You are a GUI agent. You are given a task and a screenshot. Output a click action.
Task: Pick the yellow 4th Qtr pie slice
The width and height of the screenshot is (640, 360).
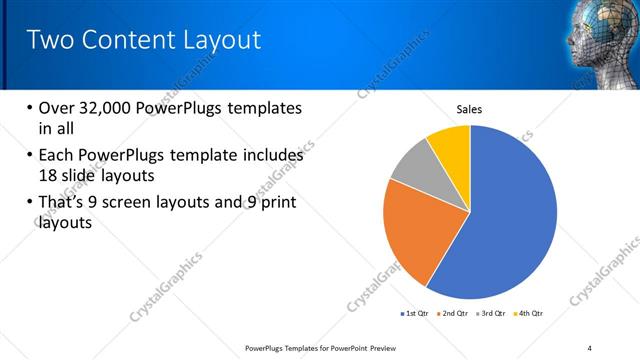(x=450, y=144)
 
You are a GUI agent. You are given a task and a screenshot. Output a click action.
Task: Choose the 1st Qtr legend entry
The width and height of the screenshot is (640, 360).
(x=417, y=314)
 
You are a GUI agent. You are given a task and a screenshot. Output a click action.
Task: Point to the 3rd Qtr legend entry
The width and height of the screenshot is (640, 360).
(x=494, y=314)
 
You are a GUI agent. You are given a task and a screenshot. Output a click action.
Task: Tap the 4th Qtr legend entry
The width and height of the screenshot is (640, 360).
(x=531, y=314)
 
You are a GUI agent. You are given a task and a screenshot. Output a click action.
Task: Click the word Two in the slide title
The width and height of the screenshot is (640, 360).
(x=50, y=40)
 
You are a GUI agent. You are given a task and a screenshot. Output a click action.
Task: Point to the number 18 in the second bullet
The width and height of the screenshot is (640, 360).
(x=50, y=176)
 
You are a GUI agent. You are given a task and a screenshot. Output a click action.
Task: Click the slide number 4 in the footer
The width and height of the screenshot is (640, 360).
(x=589, y=347)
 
